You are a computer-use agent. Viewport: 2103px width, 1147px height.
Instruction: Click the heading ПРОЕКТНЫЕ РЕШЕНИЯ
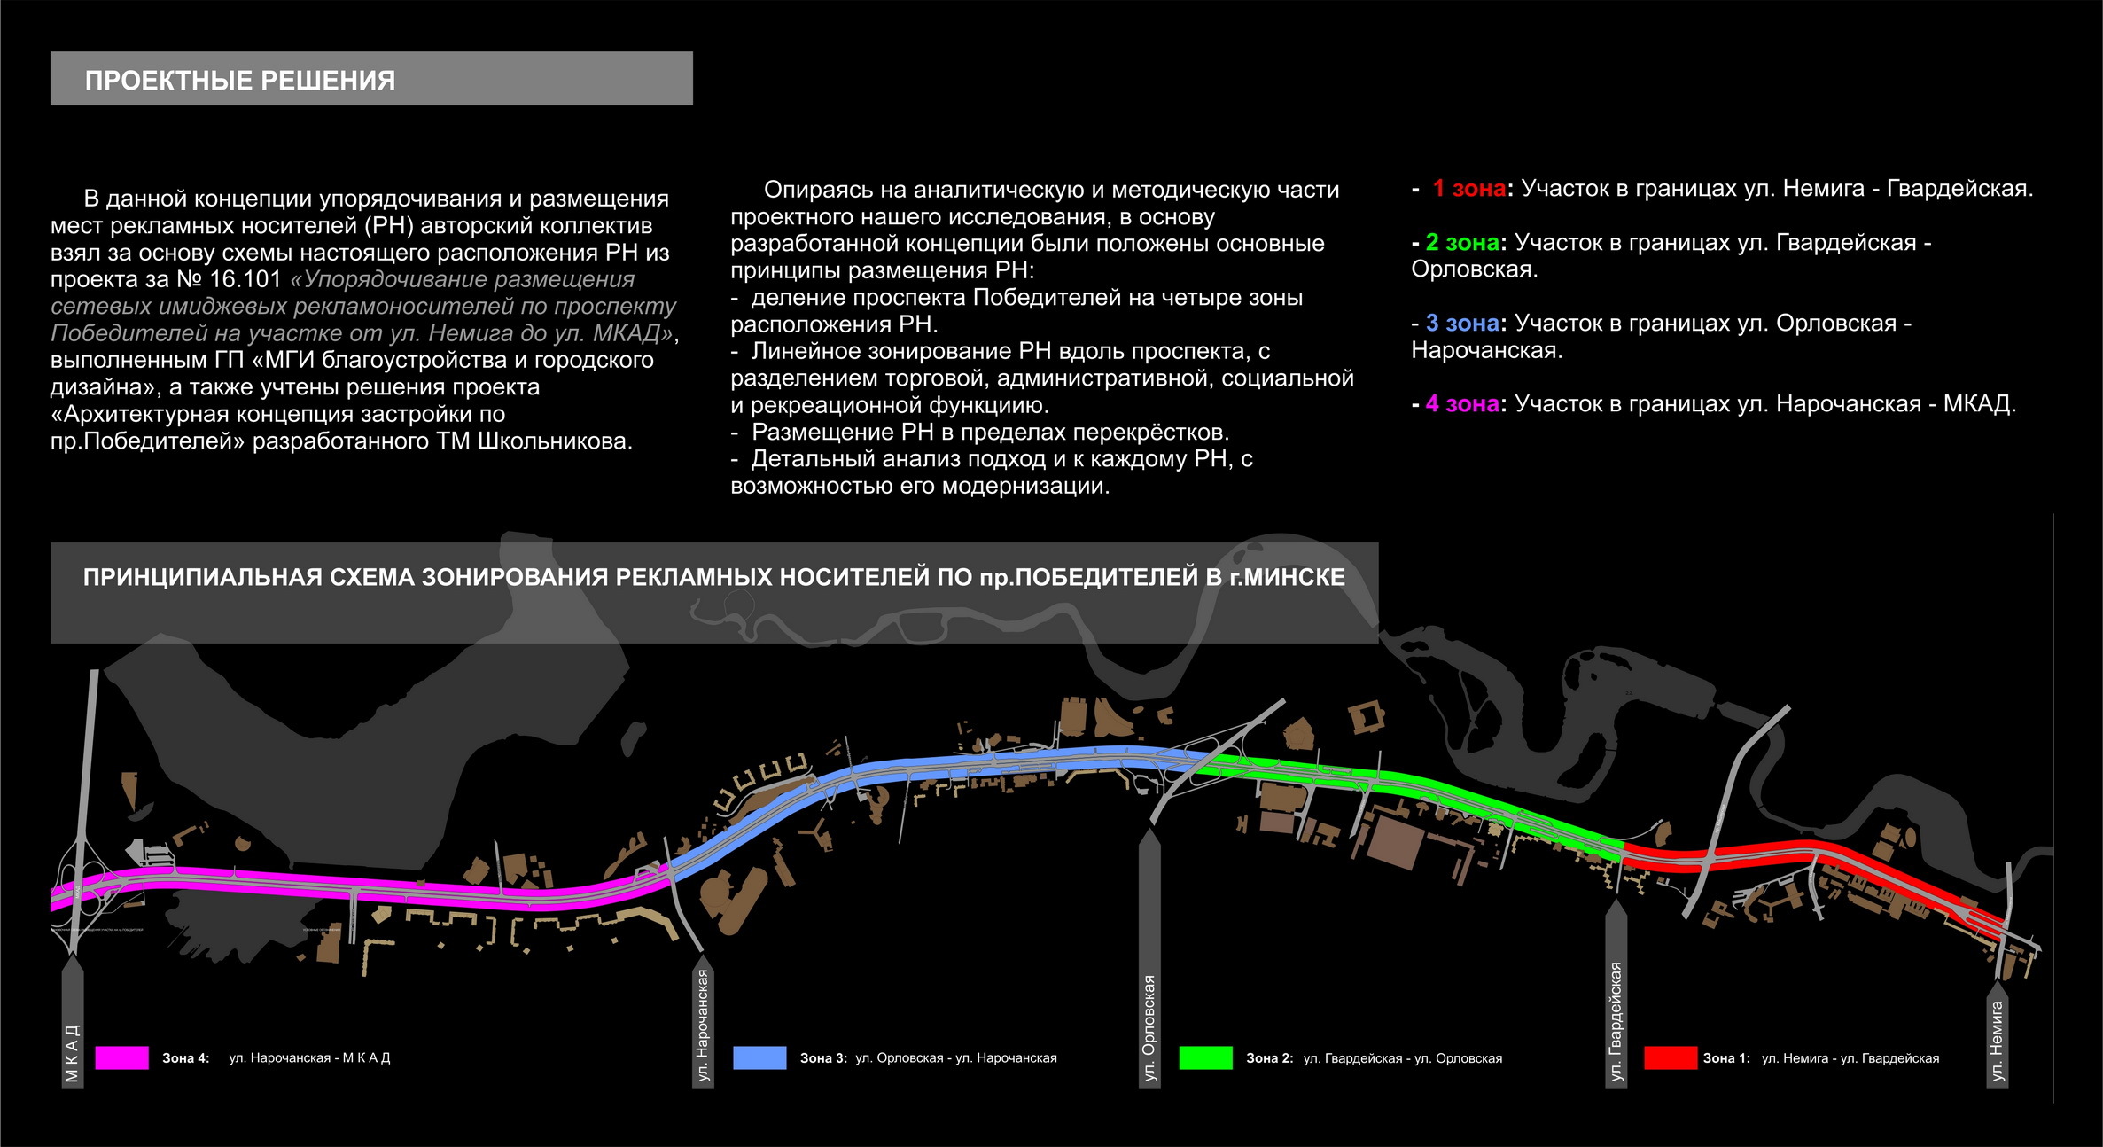pos(239,81)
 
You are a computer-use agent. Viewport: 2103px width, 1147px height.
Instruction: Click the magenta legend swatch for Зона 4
pos(121,1057)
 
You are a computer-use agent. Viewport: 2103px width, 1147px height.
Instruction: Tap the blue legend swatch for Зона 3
pos(759,1057)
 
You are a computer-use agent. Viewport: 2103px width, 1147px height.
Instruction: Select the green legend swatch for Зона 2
pos(1205,1057)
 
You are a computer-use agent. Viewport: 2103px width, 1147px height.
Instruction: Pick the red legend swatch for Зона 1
pos(1670,1057)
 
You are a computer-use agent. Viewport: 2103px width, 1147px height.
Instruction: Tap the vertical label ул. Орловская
pos(1149,1027)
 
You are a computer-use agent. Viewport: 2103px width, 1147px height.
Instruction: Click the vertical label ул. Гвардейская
pos(1616,1021)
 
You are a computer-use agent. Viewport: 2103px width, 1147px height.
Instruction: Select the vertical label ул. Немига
pos(1997,1042)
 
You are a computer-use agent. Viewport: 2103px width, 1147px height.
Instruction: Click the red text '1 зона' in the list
pos(1468,189)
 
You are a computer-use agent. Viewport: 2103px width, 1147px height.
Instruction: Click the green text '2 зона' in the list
pos(1461,243)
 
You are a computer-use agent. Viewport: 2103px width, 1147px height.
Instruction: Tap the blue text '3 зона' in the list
pos(1461,324)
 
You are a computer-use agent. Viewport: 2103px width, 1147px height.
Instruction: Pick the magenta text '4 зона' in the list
pos(1461,404)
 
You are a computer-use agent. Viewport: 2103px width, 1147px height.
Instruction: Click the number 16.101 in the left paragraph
pos(245,279)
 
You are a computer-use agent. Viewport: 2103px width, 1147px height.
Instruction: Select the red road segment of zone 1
pos(1772,857)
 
